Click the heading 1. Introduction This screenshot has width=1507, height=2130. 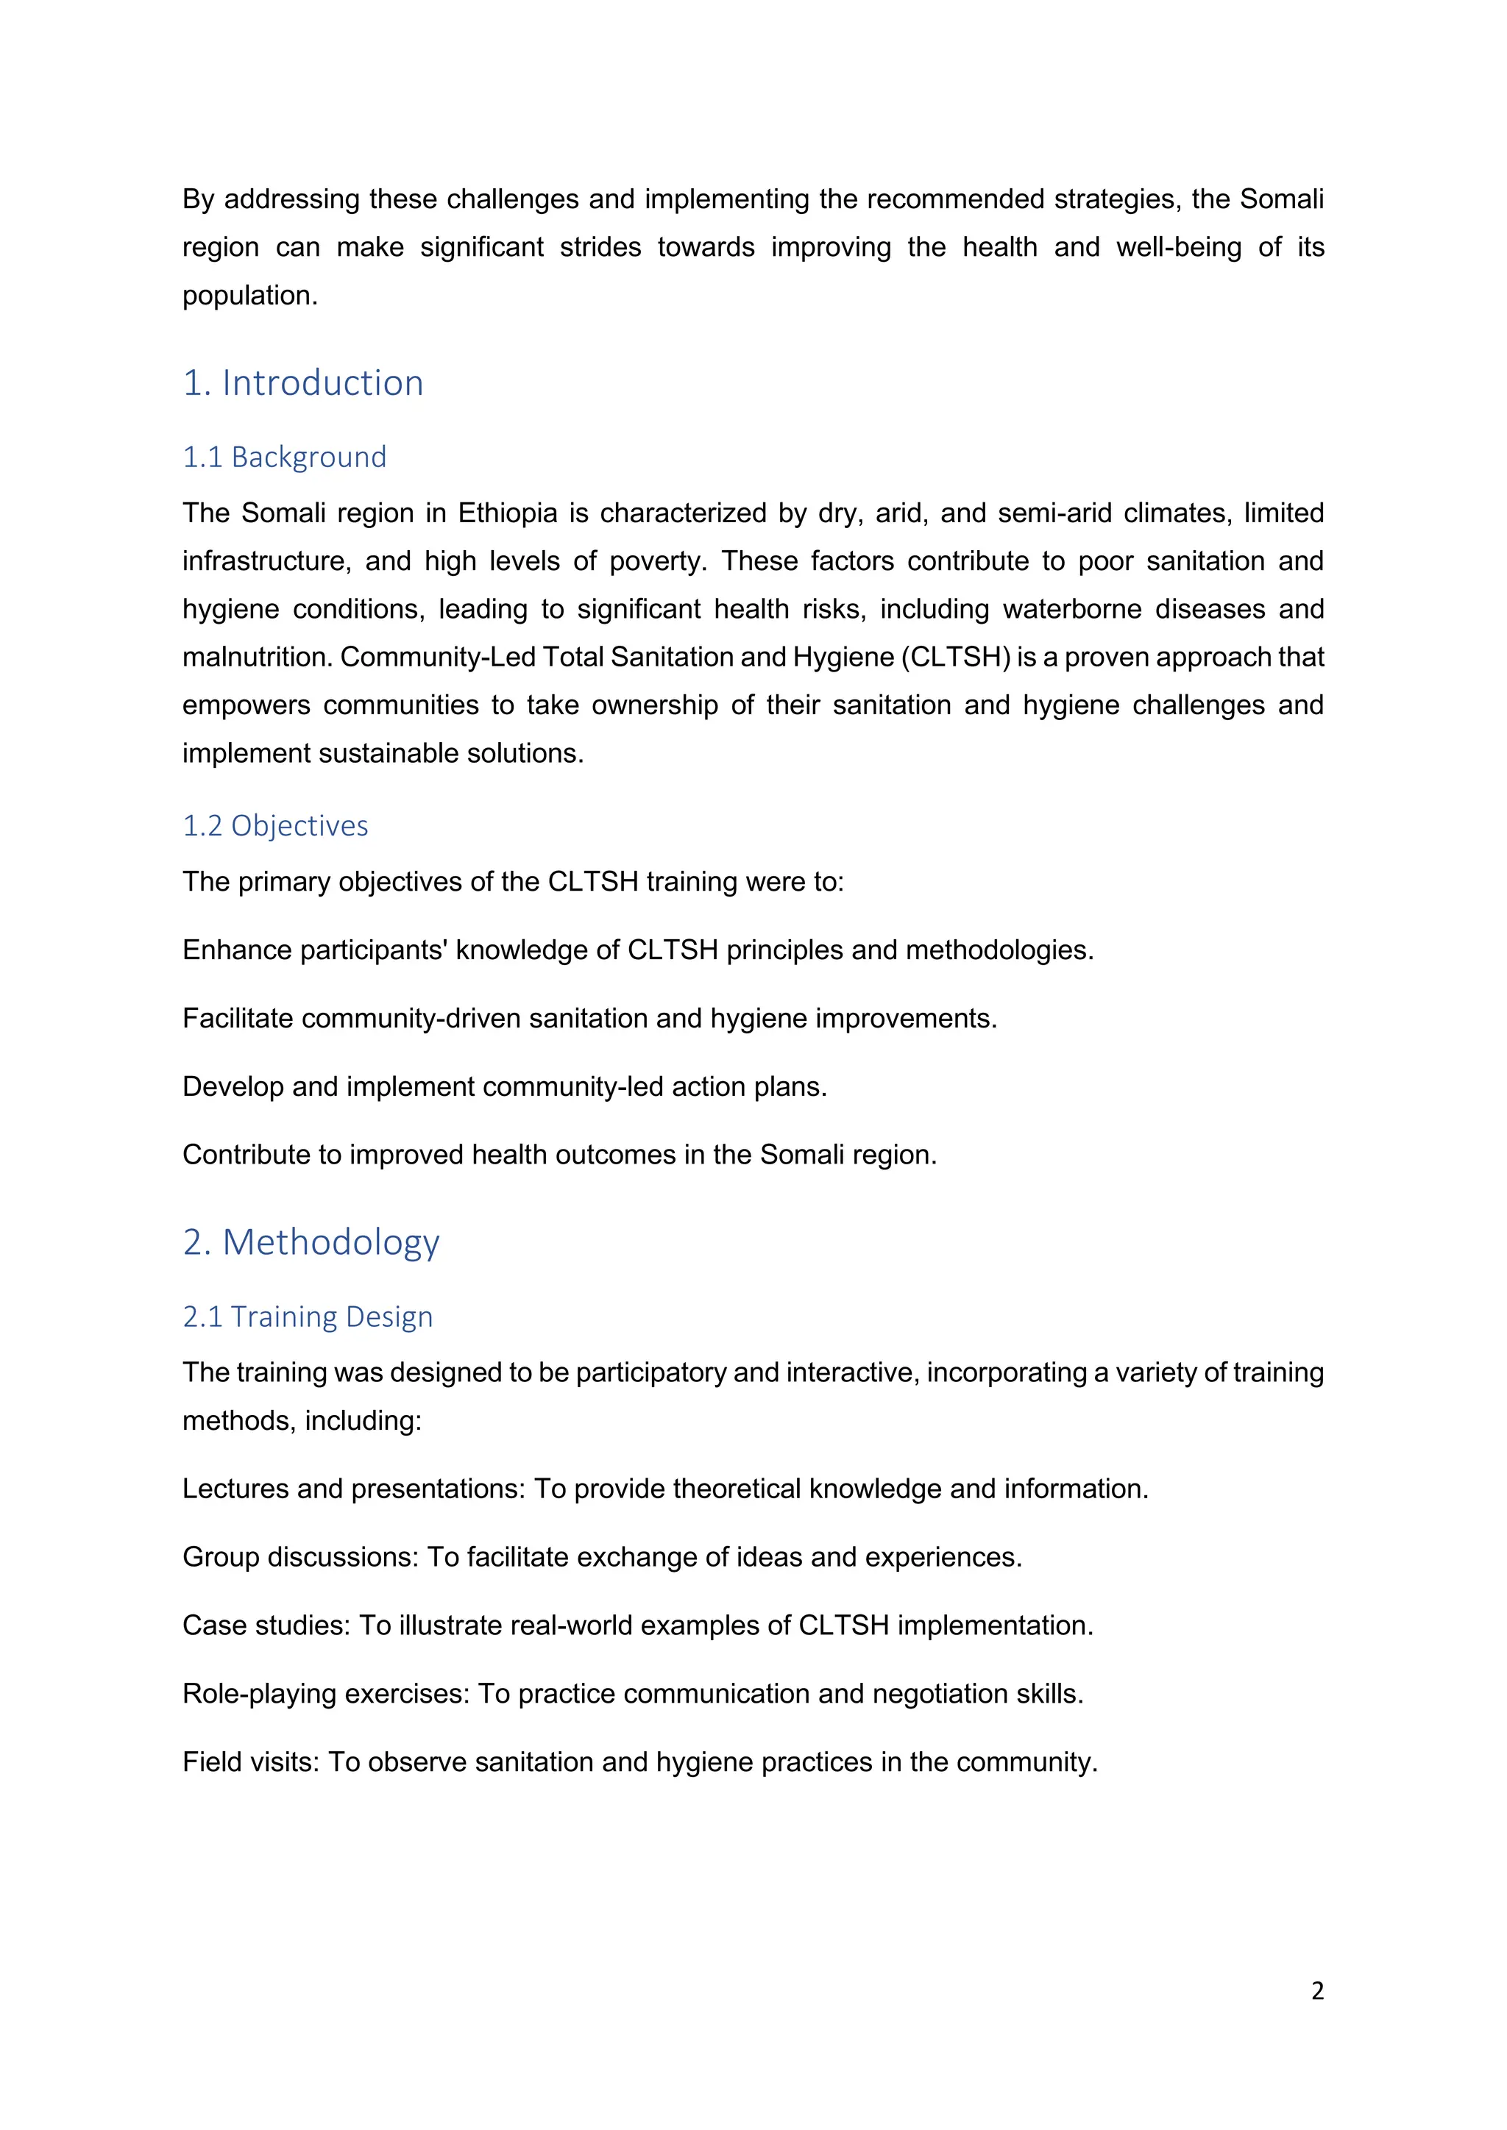pos(302,383)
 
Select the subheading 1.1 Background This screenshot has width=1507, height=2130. pos(284,457)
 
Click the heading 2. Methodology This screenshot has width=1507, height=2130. pos(311,1242)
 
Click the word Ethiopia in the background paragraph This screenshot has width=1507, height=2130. pos(508,513)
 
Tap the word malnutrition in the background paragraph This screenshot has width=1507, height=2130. pos(257,657)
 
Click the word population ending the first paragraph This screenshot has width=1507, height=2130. pos(249,296)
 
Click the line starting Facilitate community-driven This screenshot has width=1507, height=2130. pos(589,1019)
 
